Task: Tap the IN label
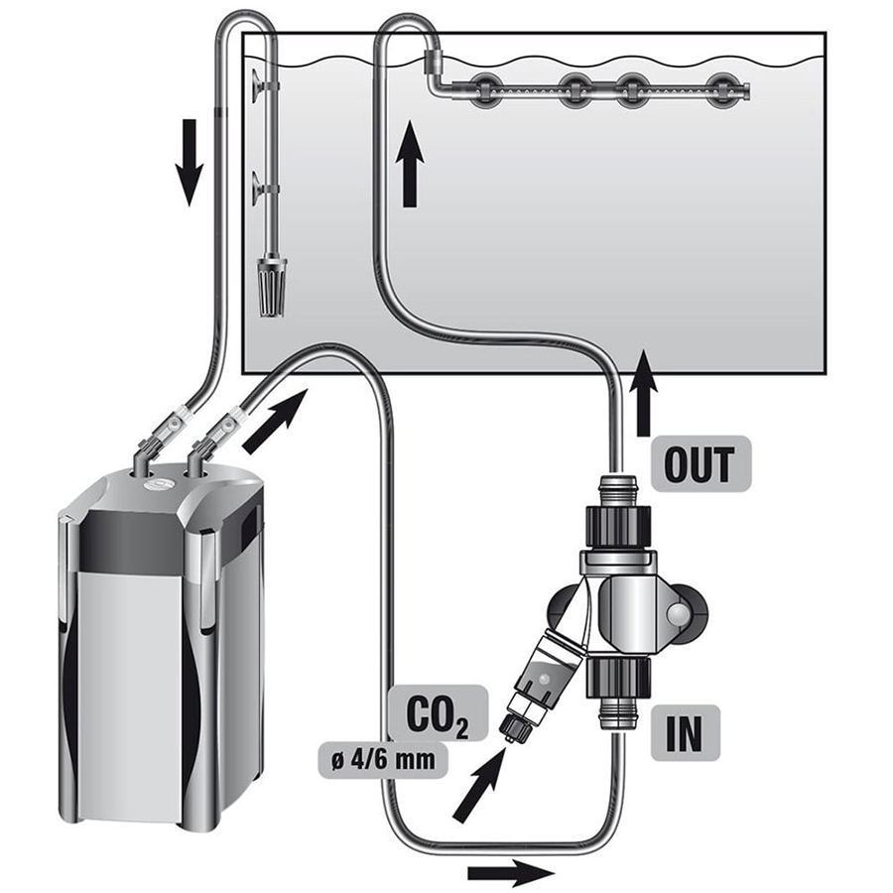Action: (685, 735)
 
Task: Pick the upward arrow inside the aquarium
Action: (409, 170)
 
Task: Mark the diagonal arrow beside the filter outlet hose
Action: (272, 418)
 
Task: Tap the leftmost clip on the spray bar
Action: (487, 90)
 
